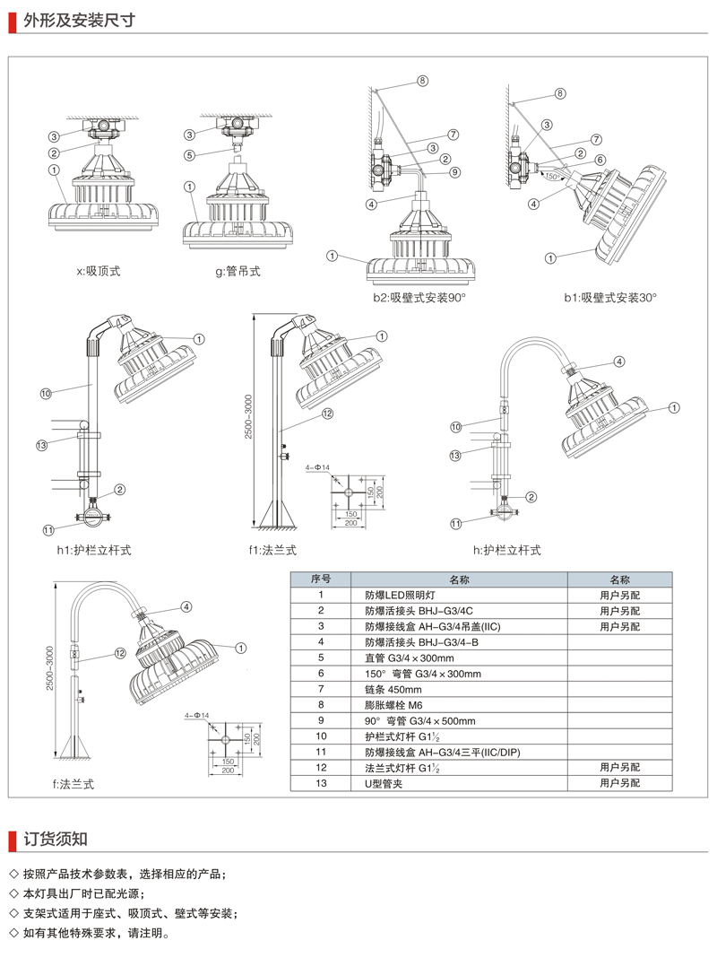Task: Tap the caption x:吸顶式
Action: [104, 270]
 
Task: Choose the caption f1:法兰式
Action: [272, 550]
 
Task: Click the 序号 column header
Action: [321, 579]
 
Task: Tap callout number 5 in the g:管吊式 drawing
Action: [190, 154]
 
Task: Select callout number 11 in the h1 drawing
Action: [48, 529]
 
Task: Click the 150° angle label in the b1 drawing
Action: [553, 177]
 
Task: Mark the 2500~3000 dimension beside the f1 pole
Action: [261, 419]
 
